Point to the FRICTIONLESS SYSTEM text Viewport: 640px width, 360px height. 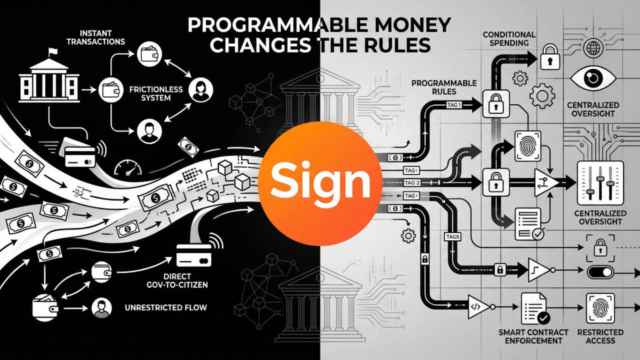tap(156, 93)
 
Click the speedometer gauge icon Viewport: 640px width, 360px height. tap(125, 167)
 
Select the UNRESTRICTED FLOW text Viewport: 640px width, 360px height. tap(165, 307)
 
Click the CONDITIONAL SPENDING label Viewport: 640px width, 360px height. tap(509, 38)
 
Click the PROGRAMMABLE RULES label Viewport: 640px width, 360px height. tap(443, 87)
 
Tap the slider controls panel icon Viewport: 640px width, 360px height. tap(600, 183)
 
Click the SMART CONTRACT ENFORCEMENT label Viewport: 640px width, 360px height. tap(533, 336)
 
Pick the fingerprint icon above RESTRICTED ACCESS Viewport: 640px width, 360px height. tap(600, 307)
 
